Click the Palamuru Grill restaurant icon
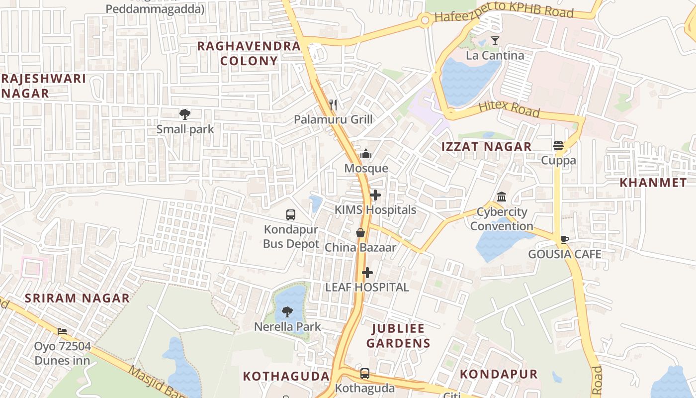333,104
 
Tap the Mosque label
366,168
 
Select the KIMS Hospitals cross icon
375,196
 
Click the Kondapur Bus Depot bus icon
291,215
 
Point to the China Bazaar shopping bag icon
360,233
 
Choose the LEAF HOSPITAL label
367,287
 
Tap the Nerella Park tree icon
287,312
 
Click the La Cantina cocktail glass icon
495,41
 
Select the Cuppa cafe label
558,160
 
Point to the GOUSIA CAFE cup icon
564,239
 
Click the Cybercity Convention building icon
502,197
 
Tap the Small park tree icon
185,114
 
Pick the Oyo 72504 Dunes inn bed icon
62,331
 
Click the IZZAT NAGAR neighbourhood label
487,147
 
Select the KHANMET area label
653,183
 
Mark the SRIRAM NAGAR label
77,298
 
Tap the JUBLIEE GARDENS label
398,336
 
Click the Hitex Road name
509,108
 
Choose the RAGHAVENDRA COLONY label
249,53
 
